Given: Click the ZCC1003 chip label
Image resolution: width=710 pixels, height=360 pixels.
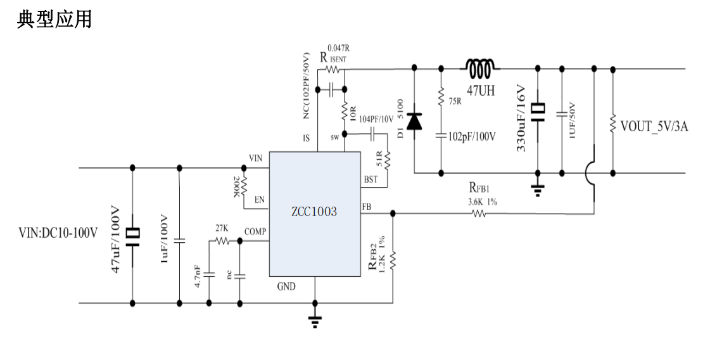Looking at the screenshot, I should [315, 212].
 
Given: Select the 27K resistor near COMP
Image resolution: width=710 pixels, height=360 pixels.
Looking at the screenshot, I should [222, 240].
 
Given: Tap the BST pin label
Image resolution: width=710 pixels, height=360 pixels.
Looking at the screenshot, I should [371, 179].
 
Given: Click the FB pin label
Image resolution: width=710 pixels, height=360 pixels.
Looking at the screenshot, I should [367, 207].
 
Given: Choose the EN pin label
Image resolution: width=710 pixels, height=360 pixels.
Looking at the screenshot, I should [259, 200].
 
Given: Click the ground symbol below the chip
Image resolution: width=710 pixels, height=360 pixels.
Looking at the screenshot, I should [314, 321].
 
